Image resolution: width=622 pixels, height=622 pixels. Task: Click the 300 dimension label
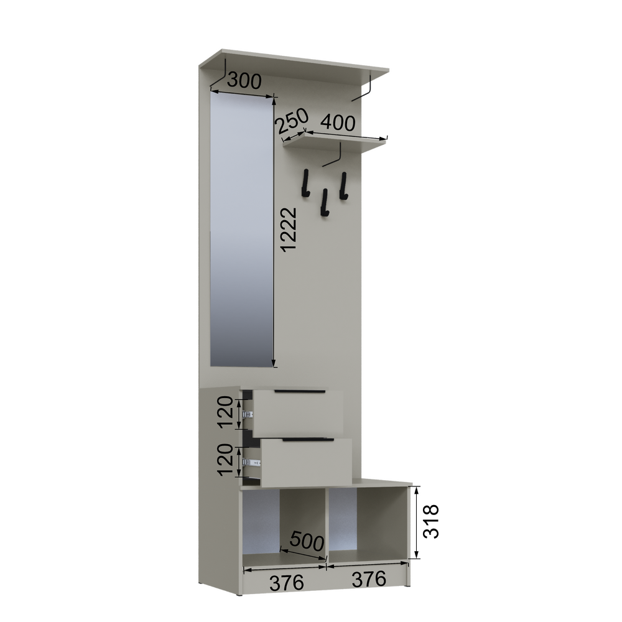tap(244, 80)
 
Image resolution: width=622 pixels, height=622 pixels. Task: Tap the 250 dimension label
tap(292, 121)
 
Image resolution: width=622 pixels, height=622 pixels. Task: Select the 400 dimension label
tap(338, 123)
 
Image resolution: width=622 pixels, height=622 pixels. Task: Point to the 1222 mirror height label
tap(289, 230)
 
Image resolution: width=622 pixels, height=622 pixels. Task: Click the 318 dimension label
tap(431, 521)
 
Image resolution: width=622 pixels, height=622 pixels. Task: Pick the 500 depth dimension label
tap(307, 541)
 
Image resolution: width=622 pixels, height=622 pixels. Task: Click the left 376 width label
tap(286, 582)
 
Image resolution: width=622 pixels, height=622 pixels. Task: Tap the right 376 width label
tap(368, 578)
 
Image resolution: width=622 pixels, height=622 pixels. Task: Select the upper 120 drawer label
tap(225, 411)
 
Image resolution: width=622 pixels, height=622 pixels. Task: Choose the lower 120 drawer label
tap(225, 460)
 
